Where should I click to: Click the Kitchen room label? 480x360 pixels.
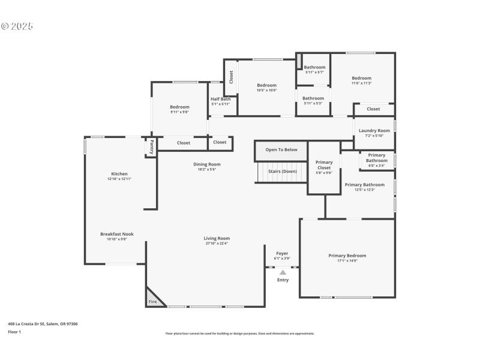[x=119, y=174]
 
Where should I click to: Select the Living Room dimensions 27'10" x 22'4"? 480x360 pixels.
[x=216, y=243]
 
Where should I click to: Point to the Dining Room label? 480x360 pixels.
[x=206, y=164]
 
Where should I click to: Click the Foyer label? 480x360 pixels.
[x=282, y=253]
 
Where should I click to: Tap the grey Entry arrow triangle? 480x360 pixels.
[x=283, y=272]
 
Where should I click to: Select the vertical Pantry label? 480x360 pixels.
[x=151, y=147]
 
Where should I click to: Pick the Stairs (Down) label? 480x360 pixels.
[x=282, y=172]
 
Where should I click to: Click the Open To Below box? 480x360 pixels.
[x=281, y=150]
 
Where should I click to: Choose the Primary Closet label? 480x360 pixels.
[x=324, y=165]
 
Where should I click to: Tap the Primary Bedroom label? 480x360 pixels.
[x=347, y=256]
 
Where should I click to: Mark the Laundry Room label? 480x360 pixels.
[x=374, y=131]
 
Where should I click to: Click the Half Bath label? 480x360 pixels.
[x=220, y=99]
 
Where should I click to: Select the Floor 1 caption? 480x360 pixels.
[x=14, y=332]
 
